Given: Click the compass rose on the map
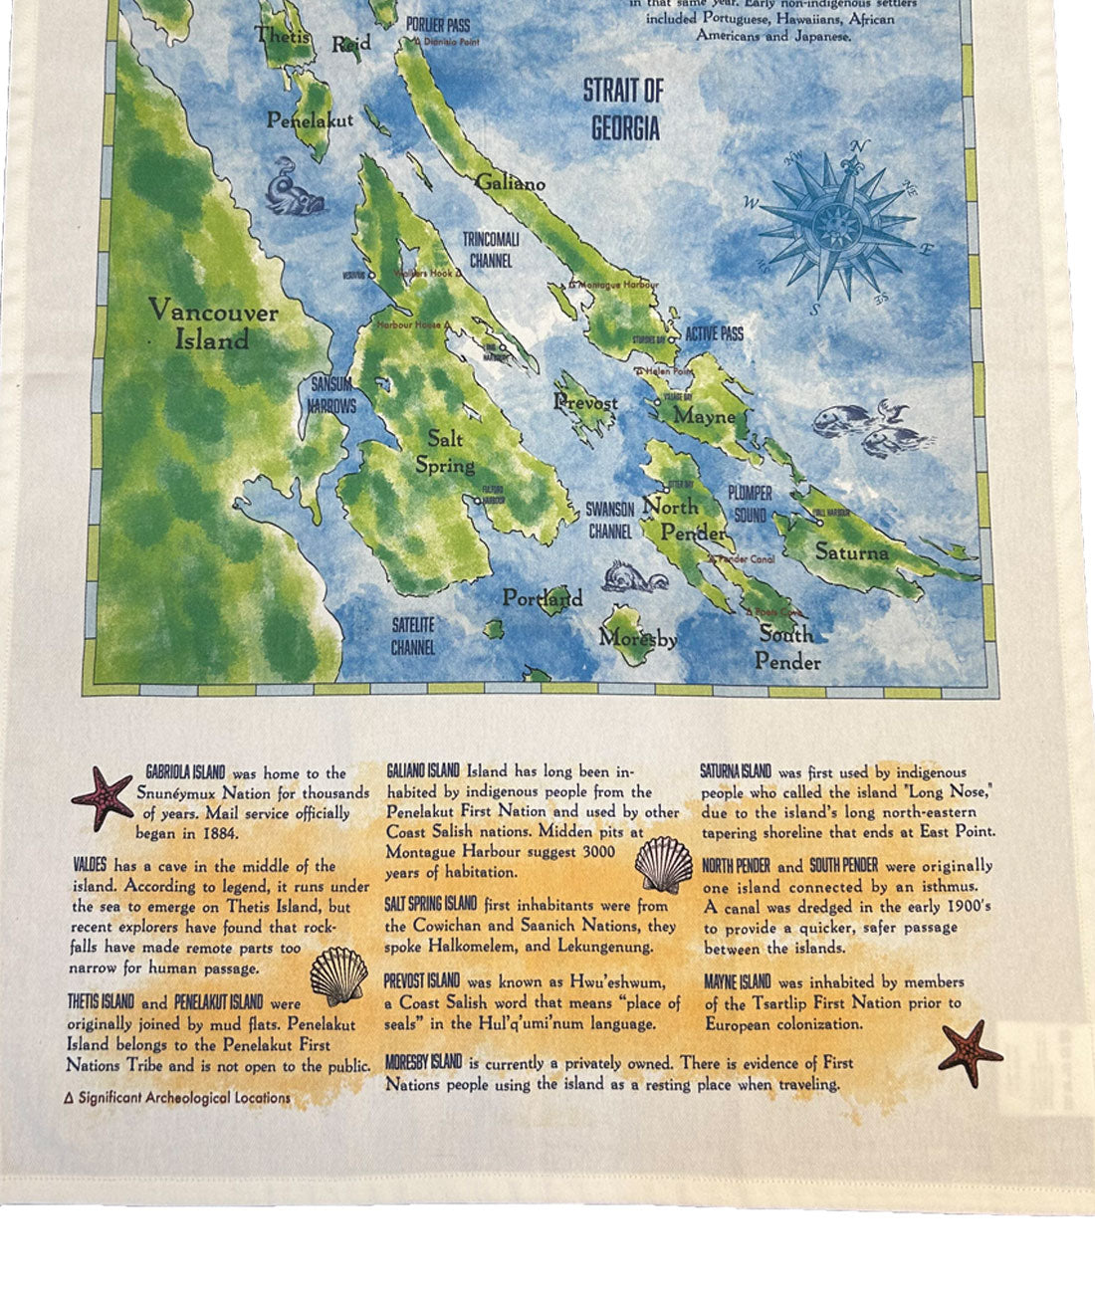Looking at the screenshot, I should tap(837, 226).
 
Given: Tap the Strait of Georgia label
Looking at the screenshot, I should tap(624, 109).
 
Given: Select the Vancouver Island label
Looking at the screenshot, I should tap(213, 324).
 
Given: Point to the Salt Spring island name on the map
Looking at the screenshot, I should tap(444, 451).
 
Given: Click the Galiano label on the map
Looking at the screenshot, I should tap(510, 183).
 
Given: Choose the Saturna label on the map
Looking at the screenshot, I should tap(852, 550).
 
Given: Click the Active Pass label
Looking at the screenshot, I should tap(714, 333).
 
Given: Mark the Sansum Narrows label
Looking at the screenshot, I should tap(332, 395).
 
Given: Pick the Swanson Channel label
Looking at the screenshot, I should tap(609, 520).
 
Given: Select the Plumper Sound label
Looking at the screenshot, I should tap(750, 504).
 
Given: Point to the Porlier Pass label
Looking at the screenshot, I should tap(438, 24).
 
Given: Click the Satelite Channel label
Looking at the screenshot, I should tap(412, 636).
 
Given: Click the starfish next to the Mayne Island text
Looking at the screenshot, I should tap(970, 1052).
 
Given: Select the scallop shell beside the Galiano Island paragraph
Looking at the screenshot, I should tap(664, 864).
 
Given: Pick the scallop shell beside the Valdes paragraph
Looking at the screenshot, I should tap(338, 974).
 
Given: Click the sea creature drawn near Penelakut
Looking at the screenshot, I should tap(295, 187).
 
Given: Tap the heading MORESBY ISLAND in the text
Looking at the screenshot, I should tap(424, 1062).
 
